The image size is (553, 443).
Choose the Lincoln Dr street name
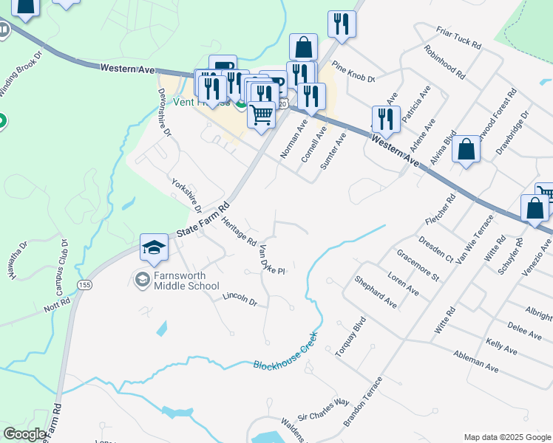coord(240,301)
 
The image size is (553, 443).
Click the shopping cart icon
coord(261,115)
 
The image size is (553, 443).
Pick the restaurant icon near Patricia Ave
coord(385,118)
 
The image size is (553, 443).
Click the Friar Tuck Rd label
coord(459,35)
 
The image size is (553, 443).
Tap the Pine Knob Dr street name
coord(353,72)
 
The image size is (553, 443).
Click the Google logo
coord(24,434)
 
